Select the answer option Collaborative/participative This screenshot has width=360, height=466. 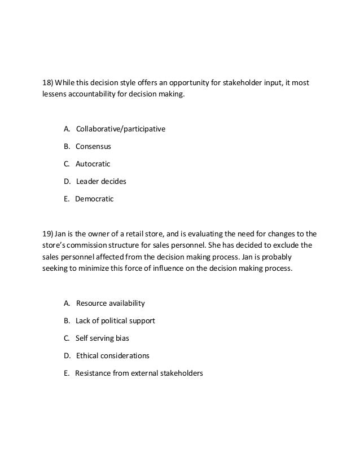point(120,129)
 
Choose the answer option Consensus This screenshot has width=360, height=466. point(94,146)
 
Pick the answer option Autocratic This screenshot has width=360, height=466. point(93,164)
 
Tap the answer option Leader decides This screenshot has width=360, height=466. point(101,181)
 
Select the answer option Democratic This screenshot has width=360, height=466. point(94,199)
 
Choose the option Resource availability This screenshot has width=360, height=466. point(110,303)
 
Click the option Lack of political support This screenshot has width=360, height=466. point(115,320)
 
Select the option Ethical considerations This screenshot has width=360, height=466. point(112,355)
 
